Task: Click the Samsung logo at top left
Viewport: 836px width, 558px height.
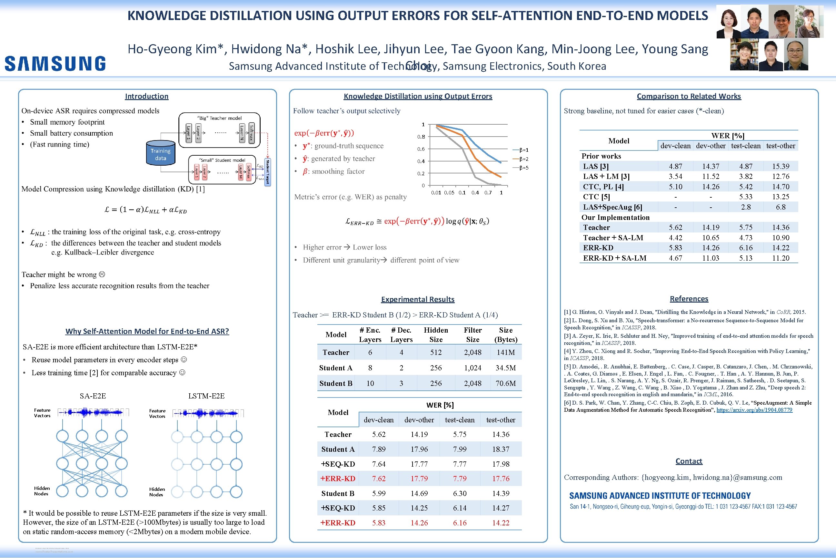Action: tap(55, 63)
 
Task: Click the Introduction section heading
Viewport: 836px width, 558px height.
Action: tap(146, 96)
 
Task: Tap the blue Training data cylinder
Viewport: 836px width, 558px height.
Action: tap(161, 154)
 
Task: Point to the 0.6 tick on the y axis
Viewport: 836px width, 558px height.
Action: tap(421, 149)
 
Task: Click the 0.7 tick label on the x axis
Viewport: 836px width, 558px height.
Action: tap(488, 192)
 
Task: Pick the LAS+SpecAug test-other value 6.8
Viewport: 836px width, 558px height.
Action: tap(781, 207)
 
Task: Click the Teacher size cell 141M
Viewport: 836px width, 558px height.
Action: tap(505, 352)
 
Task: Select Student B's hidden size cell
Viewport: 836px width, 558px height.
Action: tap(436, 383)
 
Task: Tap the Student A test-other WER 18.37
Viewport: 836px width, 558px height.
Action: tap(501, 449)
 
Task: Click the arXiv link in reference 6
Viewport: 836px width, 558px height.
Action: tap(754, 410)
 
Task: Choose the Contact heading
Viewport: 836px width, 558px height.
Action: tap(689, 461)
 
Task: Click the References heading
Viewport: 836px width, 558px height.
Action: tap(689, 299)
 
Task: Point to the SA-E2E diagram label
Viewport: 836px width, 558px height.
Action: tap(93, 396)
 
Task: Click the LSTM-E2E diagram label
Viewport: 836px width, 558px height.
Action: tap(206, 396)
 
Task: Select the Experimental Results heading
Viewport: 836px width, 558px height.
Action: tap(418, 299)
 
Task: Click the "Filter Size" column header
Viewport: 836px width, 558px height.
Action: tap(473, 335)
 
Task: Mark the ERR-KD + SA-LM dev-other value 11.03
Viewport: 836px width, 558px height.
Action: tap(710, 258)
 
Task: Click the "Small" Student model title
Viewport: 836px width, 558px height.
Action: tap(222, 160)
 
